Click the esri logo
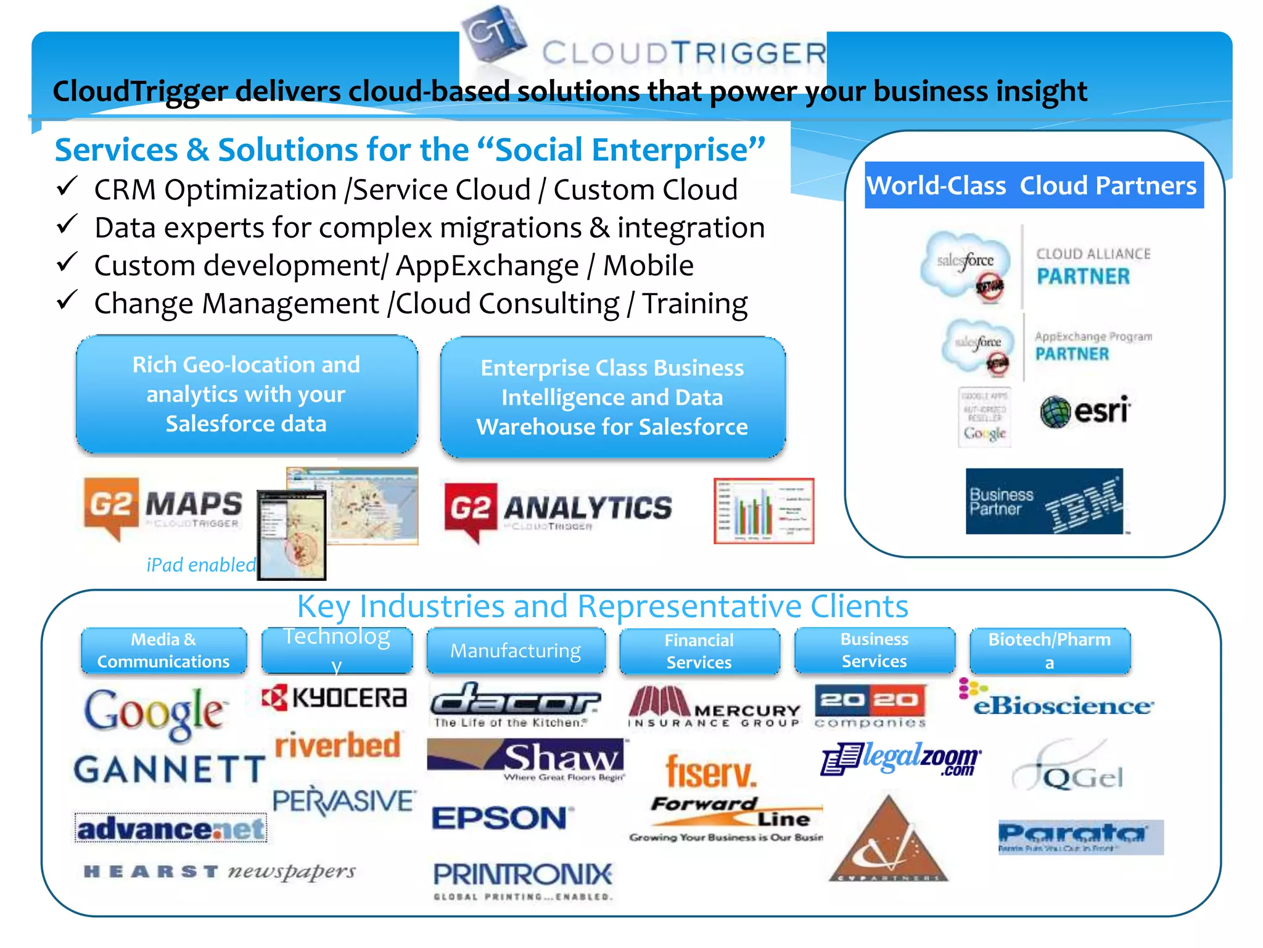coord(1085,411)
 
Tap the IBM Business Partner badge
coord(1044,501)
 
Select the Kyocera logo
coord(334,698)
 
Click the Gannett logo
coord(169,770)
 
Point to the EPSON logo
coord(501,818)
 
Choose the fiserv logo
coord(710,772)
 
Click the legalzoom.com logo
coord(901,759)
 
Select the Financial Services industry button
coord(699,651)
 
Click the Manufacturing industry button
coord(516,651)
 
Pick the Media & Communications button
coord(163,651)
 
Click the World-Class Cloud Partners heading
coord(1034,185)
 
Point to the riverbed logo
coord(338,745)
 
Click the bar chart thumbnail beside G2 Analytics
coord(763,511)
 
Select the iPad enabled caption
coord(201,565)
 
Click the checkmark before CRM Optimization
coord(67,186)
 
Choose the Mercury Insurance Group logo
coord(714,707)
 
